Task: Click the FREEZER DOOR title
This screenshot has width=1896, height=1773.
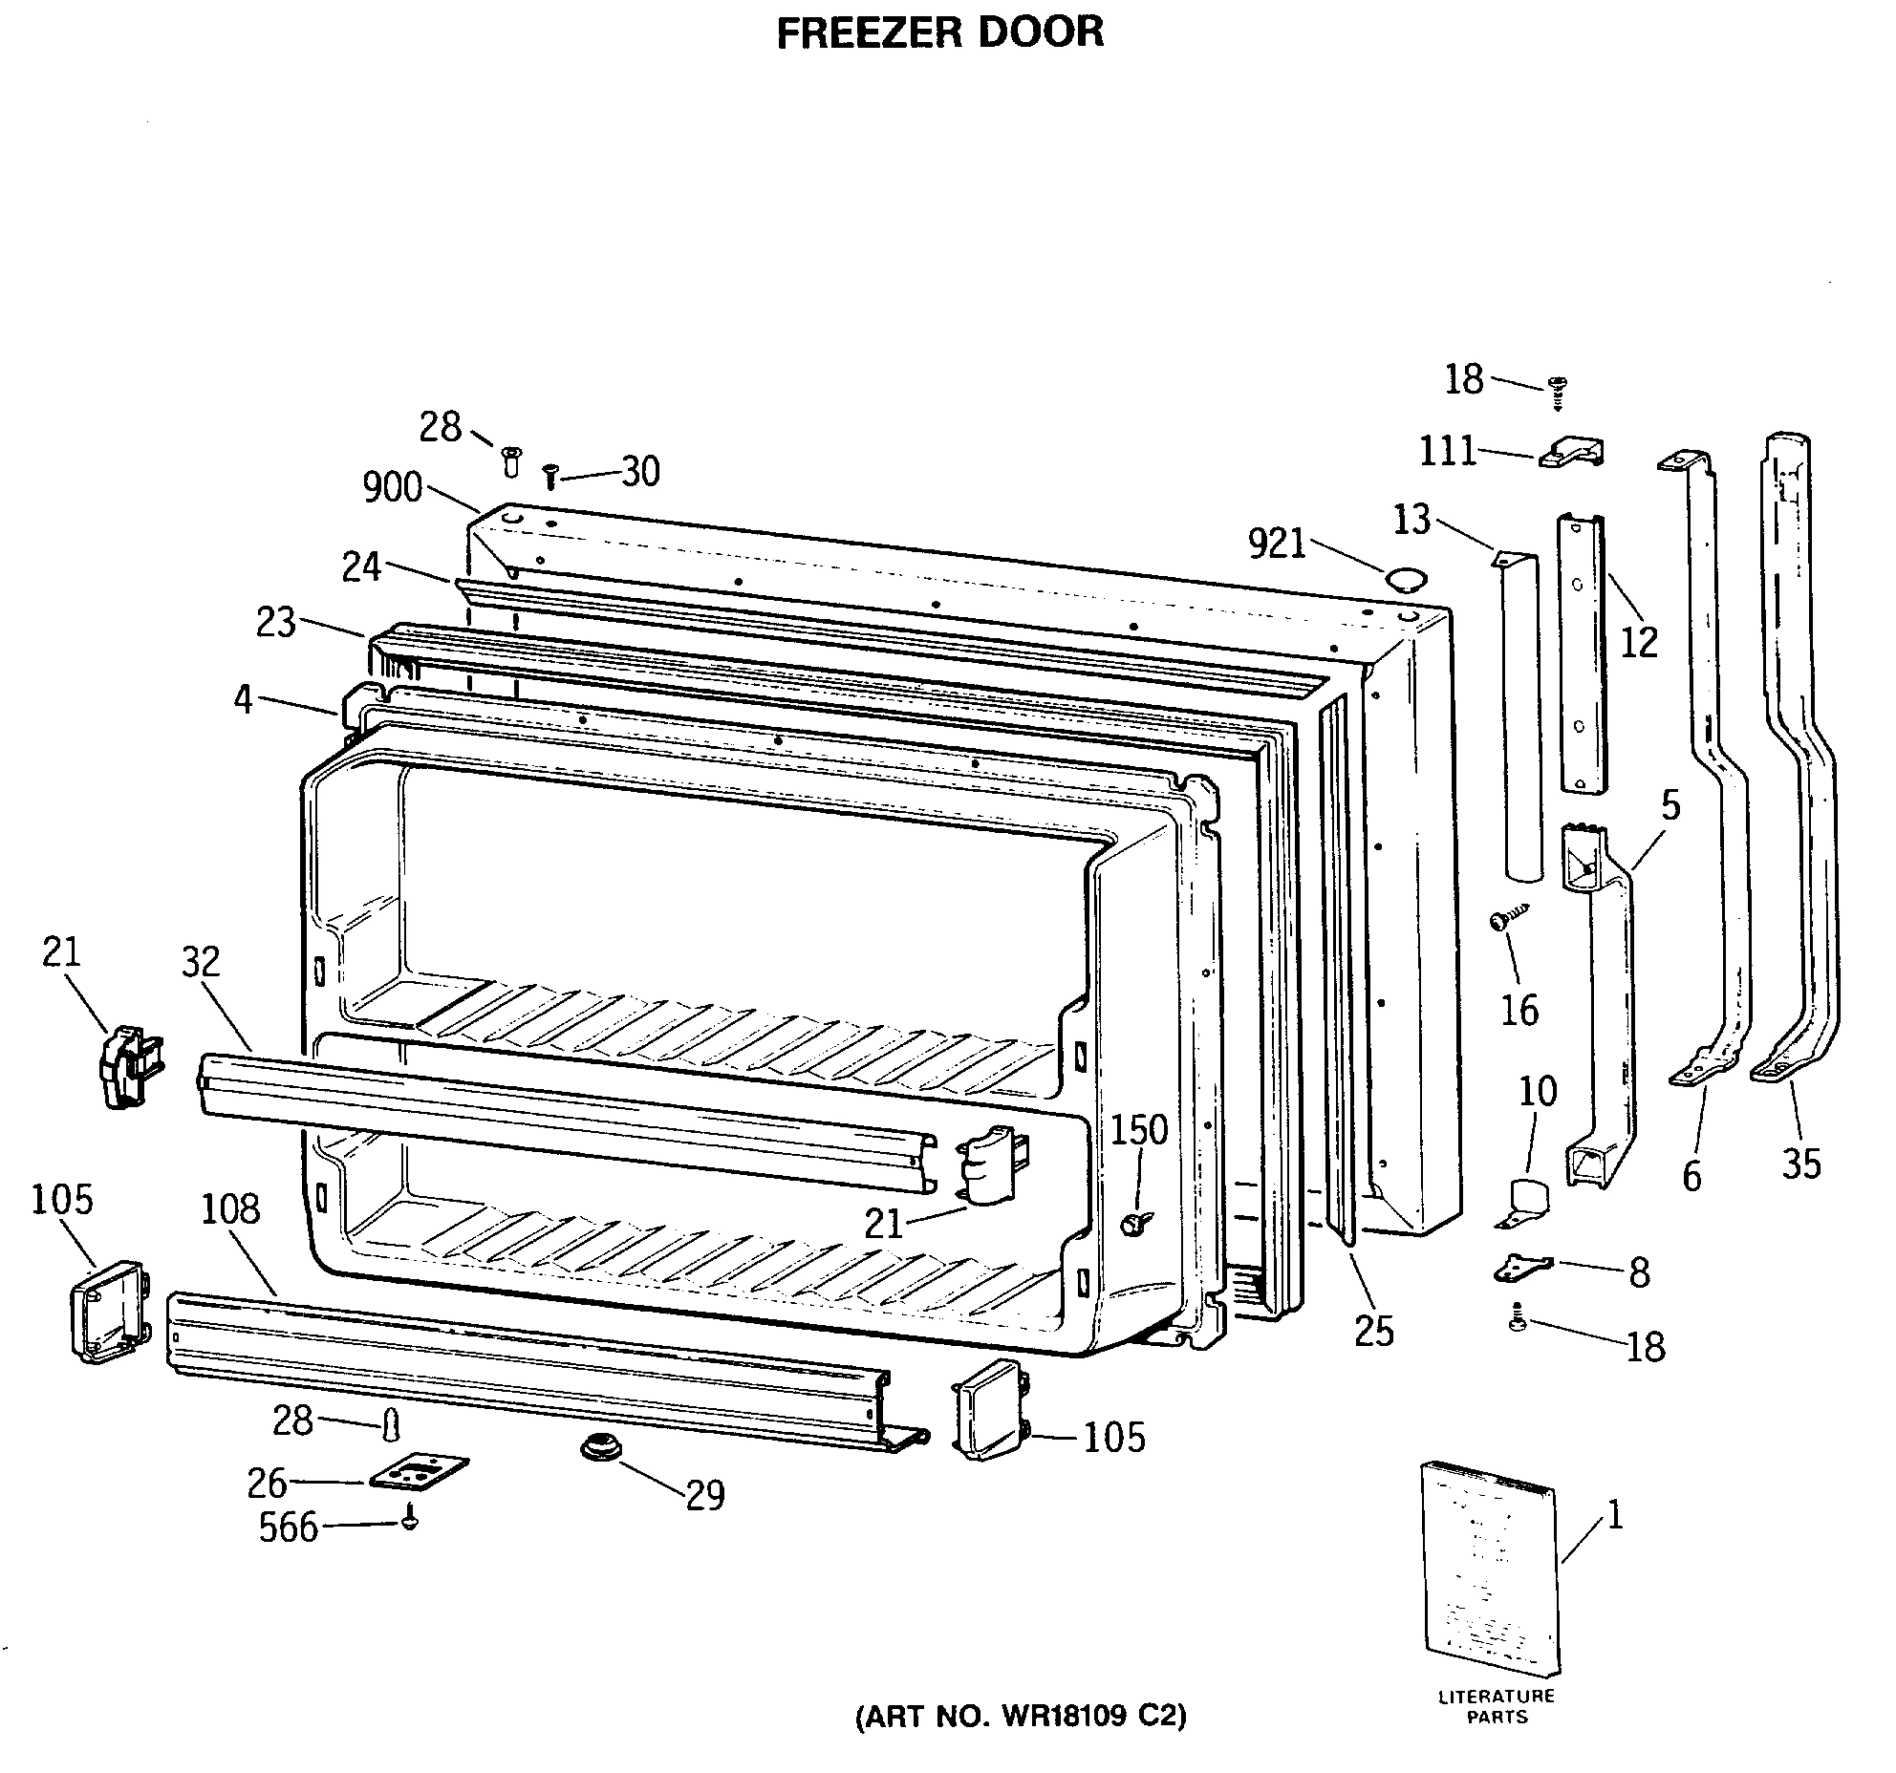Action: click(x=940, y=32)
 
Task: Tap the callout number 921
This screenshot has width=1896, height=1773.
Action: click(x=1277, y=544)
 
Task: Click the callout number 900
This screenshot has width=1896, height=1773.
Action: click(x=392, y=488)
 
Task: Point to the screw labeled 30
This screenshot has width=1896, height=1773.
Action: click(x=549, y=475)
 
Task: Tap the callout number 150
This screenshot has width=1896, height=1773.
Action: click(x=1139, y=1130)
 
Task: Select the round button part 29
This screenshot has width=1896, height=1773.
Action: click(x=599, y=1448)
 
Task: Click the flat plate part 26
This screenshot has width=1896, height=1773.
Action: click(x=420, y=1472)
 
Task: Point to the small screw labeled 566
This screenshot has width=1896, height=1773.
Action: click(x=410, y=1519)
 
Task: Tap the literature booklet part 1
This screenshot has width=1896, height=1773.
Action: click(x=1489, y=1580)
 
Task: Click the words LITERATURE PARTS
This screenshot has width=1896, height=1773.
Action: click(x=1497, y=1706)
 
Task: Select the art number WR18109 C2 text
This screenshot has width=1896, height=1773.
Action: click(x=1020, y=1717)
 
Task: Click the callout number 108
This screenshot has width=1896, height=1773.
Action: click(x=230, y=1209)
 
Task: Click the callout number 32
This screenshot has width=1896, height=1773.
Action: click(x=201, y=962)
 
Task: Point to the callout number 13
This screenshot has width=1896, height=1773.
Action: click(x=1411, y=521)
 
